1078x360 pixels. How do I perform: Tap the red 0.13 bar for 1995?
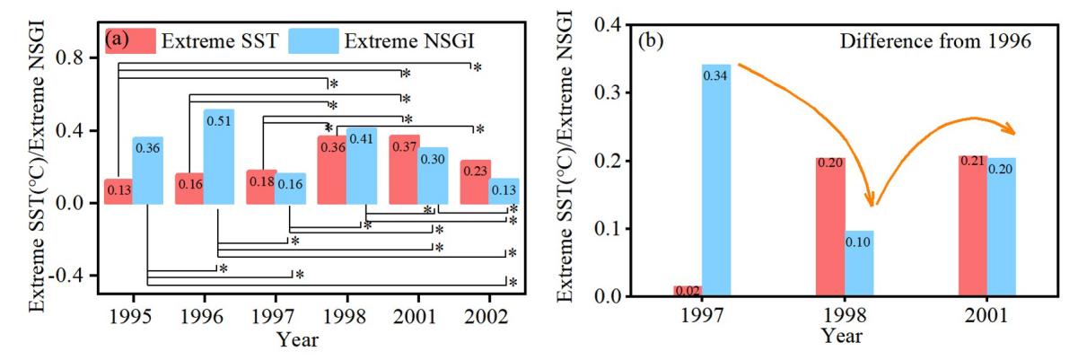(x=118, y=191)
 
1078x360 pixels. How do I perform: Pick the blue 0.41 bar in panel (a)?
(x=361, y=166)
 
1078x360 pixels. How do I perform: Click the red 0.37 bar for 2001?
(x=404, y=171)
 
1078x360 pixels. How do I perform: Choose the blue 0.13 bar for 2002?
(x=504, y=191)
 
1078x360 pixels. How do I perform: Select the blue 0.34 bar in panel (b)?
(x=716, y=180)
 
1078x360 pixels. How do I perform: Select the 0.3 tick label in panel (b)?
(x=610, y=92)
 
